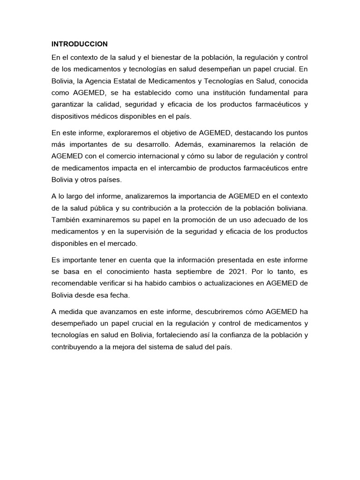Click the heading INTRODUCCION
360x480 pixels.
tap(80, 44)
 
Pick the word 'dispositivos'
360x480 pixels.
tap(71, 117)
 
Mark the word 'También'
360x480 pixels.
tap(66, 219)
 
